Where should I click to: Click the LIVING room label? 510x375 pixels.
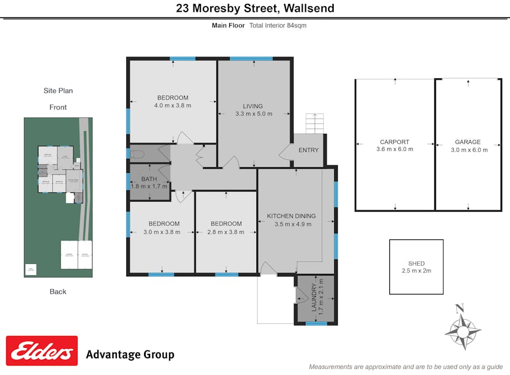[x=252, y=106]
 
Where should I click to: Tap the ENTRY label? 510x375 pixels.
[x=309, y=150]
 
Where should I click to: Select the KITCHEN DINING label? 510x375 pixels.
[x=291, y=216]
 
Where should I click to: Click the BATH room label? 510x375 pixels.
[x=149, y=179]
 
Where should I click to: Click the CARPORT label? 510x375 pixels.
[x=394, y=142]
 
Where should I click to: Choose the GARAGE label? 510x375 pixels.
[x=468, y=142]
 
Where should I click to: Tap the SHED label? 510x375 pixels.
[x=416, y=263]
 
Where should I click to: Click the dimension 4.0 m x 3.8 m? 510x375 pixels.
[x=172, y=106]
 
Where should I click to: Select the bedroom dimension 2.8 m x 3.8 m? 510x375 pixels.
[x=226, y=232]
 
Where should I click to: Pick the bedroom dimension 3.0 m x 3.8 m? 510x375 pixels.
[x=162, y=232]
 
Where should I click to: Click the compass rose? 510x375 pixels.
[x=462, y=328]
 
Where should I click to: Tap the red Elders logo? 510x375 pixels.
[x=42, y=351]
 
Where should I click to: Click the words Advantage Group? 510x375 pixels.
[x=130, y=354]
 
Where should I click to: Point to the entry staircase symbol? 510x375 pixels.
[x=314, y=123]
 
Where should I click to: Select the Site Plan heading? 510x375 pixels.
[x=58, y=91]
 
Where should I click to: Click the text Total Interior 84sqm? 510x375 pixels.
[x=278, y=26]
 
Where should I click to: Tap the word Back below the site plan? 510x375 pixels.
[x=58, y=292]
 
